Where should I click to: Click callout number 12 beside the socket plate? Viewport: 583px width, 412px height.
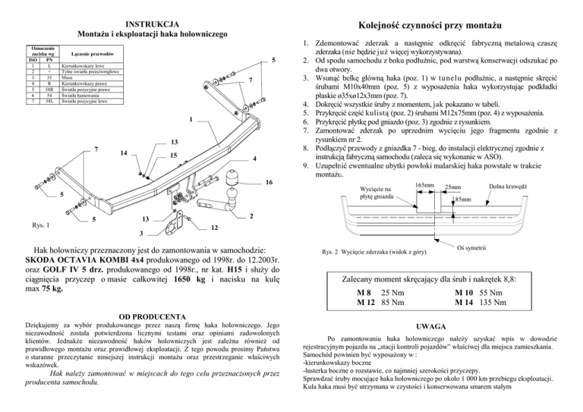tap(215, 228)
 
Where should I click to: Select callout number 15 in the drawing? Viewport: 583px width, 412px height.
tap(174, 156)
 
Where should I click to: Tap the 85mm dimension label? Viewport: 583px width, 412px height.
tap(462, 200)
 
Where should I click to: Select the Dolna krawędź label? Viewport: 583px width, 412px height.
tap(530, 186)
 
